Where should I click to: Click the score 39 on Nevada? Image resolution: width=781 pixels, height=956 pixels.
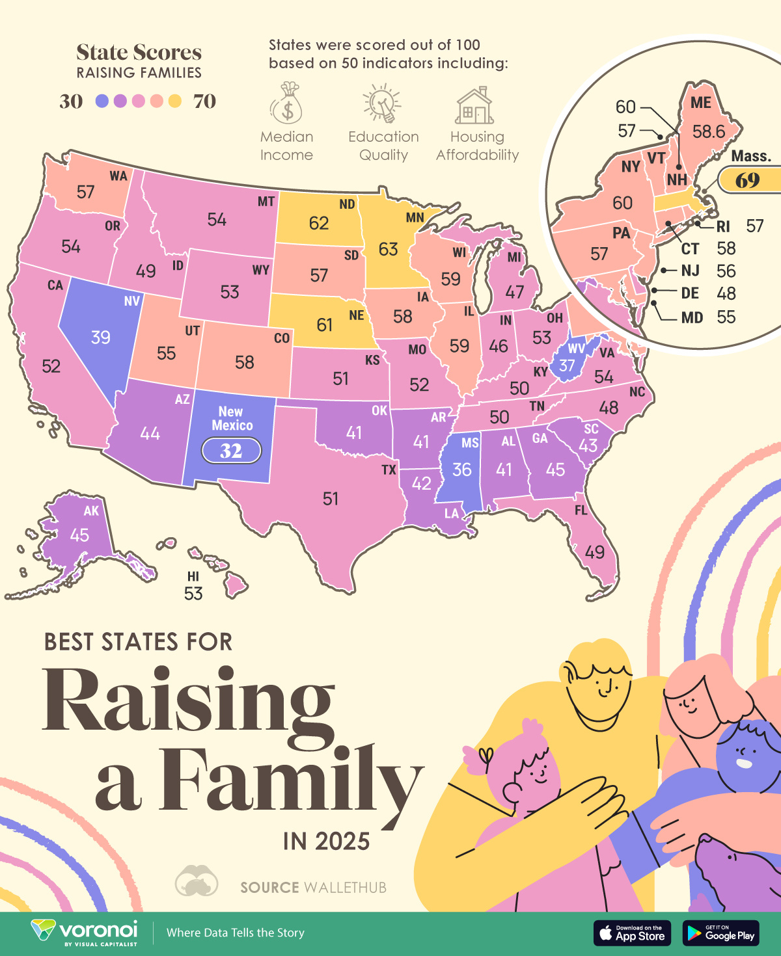(100, 338)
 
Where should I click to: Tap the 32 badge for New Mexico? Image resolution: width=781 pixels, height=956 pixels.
(231, 450)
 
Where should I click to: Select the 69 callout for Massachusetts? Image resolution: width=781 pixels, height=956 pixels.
(748, 180)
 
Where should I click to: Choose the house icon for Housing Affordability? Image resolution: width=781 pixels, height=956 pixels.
(476, 106)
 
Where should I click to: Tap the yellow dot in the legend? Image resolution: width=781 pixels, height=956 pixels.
(174, 101)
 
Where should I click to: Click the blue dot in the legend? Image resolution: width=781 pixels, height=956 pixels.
(102, 101)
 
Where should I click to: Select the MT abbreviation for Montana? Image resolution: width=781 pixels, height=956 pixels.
(266, 202)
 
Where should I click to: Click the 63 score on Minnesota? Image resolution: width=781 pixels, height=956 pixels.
(388, 249)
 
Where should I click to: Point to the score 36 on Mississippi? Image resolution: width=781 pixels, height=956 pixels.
(461, 470)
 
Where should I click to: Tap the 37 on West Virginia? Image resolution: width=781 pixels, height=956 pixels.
(567, 365)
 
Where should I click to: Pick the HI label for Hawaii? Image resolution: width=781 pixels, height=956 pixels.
(193, 576)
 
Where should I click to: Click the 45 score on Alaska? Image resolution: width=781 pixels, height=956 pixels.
(79, 535)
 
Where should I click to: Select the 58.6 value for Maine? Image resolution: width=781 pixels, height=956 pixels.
(708, 132)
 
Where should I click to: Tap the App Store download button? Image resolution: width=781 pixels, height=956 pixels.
(632, 933)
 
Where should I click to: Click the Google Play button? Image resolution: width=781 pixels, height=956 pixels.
(721, 933)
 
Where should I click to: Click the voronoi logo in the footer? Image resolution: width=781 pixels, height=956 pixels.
(85, 932)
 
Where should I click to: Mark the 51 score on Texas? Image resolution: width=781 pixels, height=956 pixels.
(331, 499)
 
